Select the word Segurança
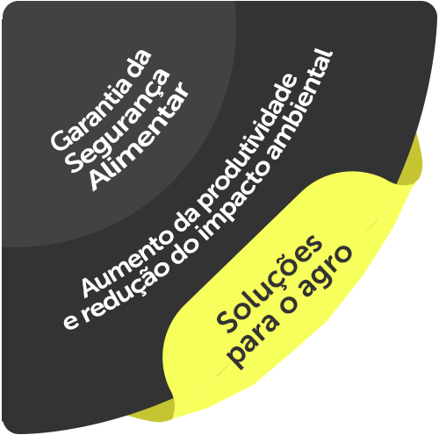coord(118,120)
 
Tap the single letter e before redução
coord(70,322)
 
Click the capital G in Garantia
coord(60,140)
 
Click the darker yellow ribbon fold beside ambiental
coord(410,160)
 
